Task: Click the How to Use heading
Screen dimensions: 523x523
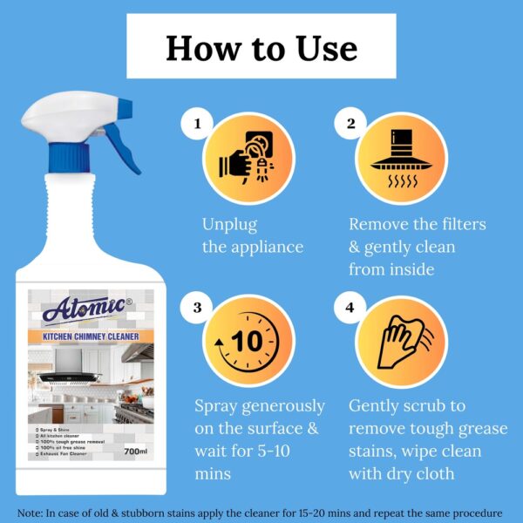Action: (x=261, y=47)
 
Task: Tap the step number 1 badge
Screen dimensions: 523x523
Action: (x=198, y=125)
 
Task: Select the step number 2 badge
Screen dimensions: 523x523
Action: (x=350, y=125)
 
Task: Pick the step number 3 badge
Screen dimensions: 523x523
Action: (x=198, y=308)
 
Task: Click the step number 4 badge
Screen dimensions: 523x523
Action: (x=350, y=308)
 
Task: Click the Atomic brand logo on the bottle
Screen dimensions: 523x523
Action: (x=84, y=309)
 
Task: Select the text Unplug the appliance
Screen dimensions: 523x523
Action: (x=252, y=235)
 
